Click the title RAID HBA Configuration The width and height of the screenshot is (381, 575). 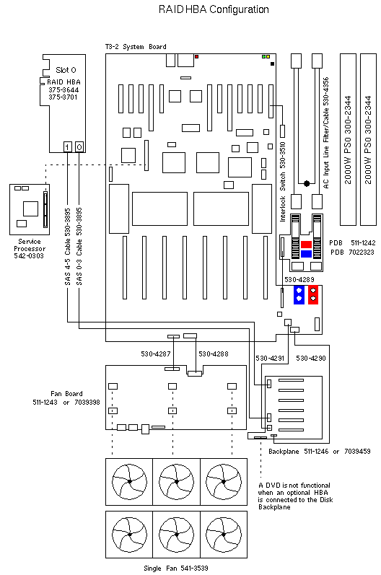tap(214, 9)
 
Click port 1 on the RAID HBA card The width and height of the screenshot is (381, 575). tap(68, 147)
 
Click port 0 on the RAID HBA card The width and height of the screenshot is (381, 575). tap(79, 147)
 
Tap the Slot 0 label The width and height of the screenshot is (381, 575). tap(66, 70)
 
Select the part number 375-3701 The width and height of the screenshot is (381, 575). tap(63, 97)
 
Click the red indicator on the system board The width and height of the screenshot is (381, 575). tap(197, 57)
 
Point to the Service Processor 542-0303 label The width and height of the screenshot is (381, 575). tap(30, 249)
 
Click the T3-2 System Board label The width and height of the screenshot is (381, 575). tap(136, 47)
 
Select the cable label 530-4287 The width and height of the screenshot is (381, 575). tap(156, 354)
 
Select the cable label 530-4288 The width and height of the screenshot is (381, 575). tap(214, 354)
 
